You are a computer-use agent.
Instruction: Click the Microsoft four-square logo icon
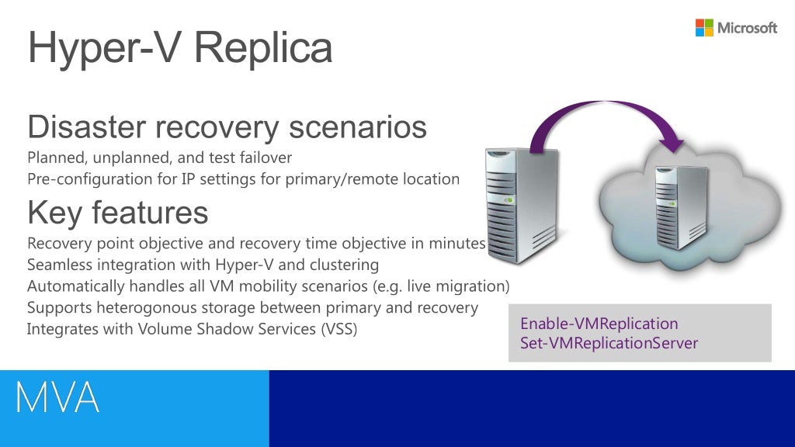(704, 28)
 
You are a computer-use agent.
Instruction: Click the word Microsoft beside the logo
(747, 29)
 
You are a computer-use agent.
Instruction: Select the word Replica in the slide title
(263, 48)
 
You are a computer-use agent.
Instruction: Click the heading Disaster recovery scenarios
(227, 126)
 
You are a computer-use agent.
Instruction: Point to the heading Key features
(117, 212)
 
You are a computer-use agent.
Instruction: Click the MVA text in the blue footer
(58, 398)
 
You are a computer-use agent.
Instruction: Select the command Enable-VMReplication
(599, 324)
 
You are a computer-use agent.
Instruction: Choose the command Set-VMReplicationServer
(609, 343)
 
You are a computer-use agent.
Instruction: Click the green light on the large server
(509, 197)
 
